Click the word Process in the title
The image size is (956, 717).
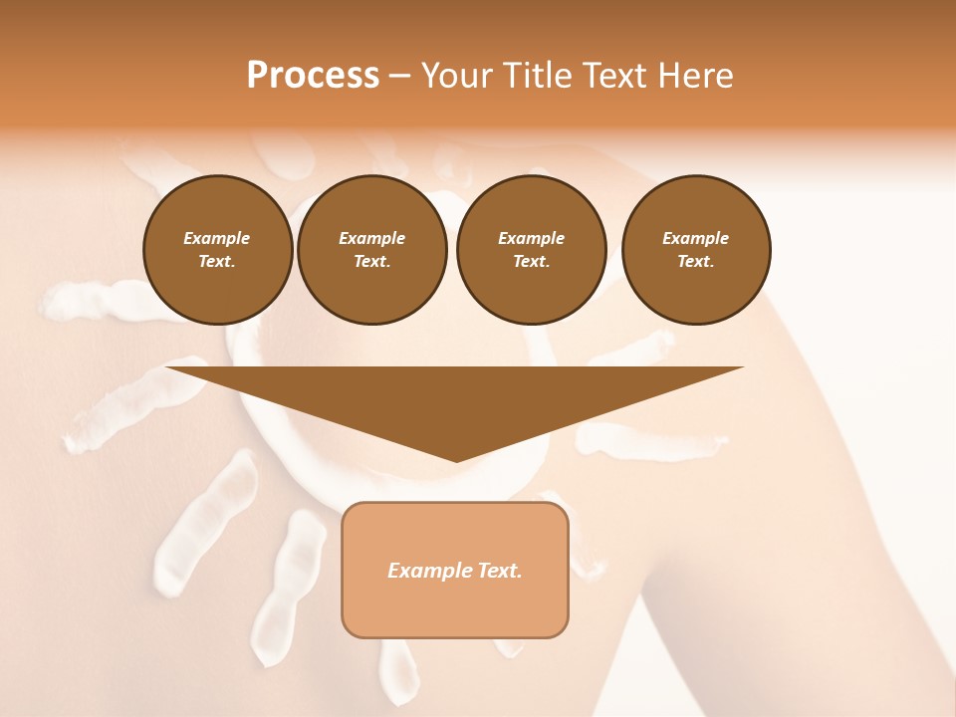click(x=313, y=76)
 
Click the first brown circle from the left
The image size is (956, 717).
click(x=217, y=250)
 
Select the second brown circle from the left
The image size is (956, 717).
click(x=371, y=250)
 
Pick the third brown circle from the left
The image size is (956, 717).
click(x=531, y=250)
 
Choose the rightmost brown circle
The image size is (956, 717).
click(x=695, y=250)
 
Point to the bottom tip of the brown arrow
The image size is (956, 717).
click(x=456, y=460)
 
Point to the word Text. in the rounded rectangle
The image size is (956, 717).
click(x=500, y=571)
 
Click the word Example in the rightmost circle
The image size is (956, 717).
click(x=695, y=238)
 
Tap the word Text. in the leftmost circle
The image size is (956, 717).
click(x=217, y=262)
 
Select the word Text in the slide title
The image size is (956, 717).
click(x=612, y=76)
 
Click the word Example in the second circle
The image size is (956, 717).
click(x=371, y=238)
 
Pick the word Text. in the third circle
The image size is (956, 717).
click(x=531, y=262)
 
